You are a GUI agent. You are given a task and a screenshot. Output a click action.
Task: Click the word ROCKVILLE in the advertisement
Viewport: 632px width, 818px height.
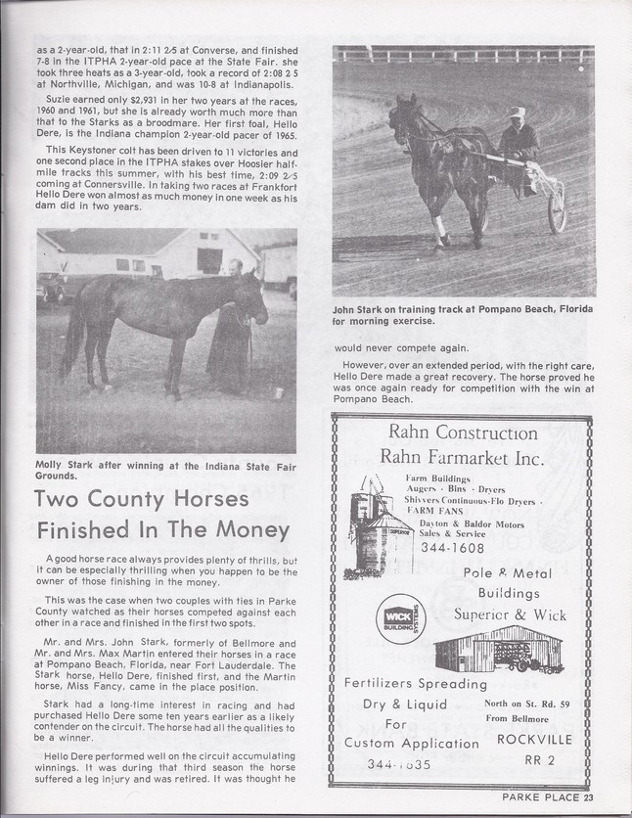[x=526, y=739]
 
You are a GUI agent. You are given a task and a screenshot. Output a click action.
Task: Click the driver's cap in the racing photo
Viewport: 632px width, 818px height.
[x=517, y=114]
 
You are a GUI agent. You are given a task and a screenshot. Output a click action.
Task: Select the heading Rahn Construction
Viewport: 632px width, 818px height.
[x=463, y=432]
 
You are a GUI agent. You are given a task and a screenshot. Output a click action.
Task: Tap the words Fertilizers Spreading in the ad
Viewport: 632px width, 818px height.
[x=416, y=683]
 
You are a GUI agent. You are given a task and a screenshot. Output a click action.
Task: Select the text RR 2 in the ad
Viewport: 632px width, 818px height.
[x=526, y=756]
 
